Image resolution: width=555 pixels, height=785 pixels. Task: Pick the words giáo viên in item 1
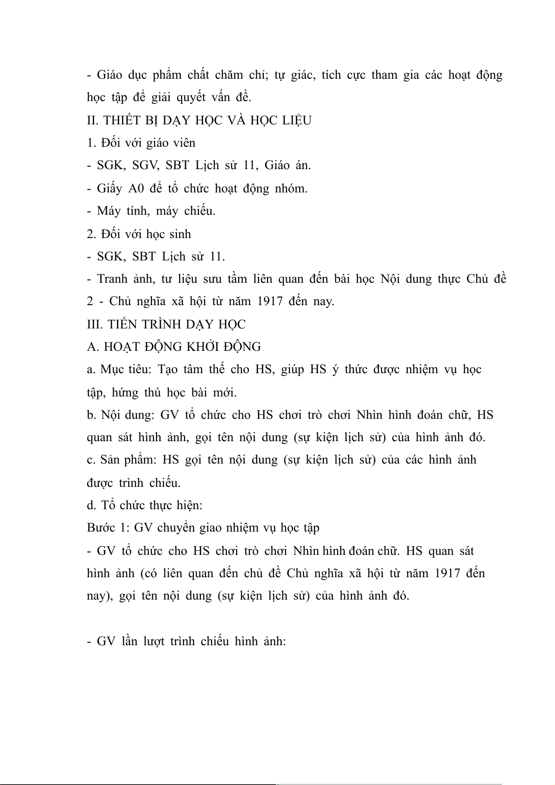pos(171,143)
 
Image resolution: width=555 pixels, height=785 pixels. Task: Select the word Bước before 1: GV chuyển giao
pos(100,528)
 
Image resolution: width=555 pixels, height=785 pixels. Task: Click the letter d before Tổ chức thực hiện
pos(91,505)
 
